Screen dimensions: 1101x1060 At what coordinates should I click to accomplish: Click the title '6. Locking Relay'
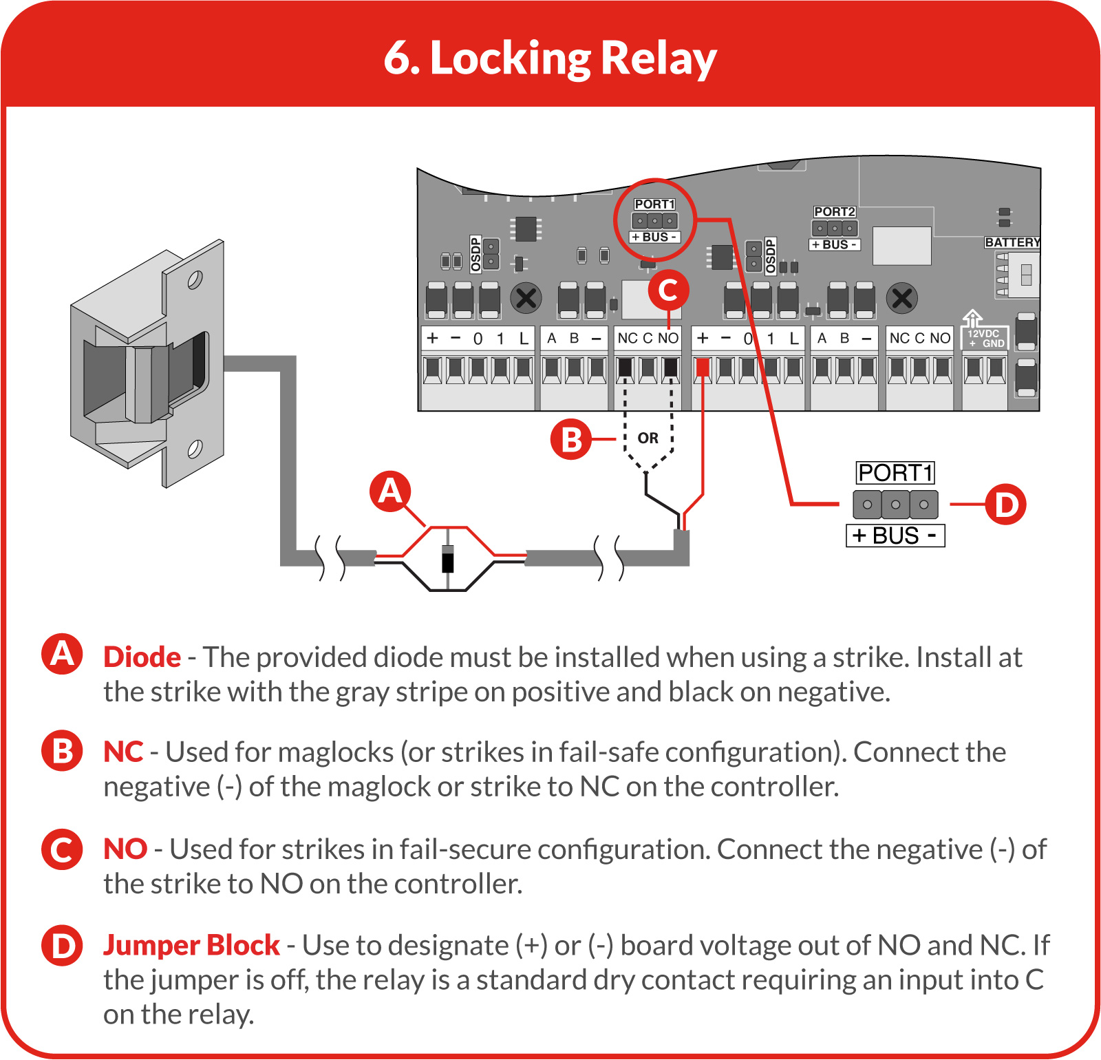click(x=550, y=59)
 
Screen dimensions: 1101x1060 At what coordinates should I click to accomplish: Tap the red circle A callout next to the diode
click(x=390, y=491)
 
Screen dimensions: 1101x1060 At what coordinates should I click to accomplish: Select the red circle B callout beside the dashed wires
click(x=571, y=439)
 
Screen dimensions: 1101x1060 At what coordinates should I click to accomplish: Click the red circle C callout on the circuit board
click(x=668, y=290)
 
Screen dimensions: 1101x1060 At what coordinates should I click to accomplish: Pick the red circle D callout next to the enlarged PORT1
click(x=1005, y=504)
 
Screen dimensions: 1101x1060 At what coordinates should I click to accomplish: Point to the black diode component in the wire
click(x=448, y=558)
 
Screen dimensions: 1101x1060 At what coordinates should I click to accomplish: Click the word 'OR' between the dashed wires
click(x=648, y=438)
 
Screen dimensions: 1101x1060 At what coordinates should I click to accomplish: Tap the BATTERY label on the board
click(x=1012, y=242)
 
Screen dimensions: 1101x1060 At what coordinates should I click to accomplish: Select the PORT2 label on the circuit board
click(x=834, y=212)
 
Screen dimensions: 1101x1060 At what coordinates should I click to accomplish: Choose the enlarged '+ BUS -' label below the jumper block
click(x=895, y=536)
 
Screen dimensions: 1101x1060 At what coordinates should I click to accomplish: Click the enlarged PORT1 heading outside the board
click(x=895, y=473)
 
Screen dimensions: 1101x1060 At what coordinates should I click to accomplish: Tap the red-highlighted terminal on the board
click(x=703, y=369)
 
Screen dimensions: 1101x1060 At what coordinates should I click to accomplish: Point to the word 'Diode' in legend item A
click(x=142, y=657)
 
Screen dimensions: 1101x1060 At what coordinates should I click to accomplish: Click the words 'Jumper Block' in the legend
click(x=191, y=946)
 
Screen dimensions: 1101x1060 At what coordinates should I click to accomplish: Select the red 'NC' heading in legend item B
click(x=123, y=752)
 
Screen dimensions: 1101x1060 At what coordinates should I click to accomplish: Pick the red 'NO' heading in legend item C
click(x=125, y=849)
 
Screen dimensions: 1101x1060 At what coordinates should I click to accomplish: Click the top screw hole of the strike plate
click(x=195, y=280)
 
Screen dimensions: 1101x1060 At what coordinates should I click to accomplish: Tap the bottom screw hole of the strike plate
click(x=195, y=449)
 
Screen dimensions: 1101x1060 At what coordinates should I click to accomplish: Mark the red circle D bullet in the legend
click(x=62, y=945)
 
